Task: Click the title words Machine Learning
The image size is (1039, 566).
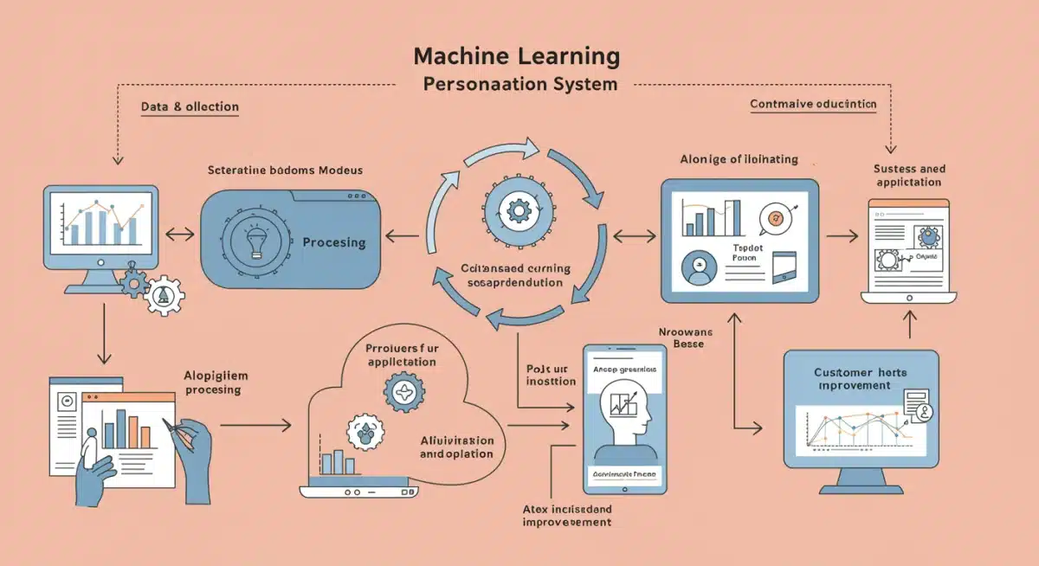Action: click(x=516, y=57)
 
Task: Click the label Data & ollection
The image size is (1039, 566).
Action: click(x=190, y=106)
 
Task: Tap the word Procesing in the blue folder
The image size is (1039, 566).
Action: click(x=333, y=242)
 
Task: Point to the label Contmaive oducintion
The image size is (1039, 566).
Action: click(x=812, y=104)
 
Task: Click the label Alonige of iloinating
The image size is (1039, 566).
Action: click(x=739, y=159)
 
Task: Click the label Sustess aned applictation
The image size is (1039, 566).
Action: click(x=909, y=176)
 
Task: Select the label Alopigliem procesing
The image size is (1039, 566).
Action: click(x=213, y=383)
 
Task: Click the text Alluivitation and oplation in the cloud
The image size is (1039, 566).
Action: click(x=456, y=447)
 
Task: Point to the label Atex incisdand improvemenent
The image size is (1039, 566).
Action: click(x=568, y=515)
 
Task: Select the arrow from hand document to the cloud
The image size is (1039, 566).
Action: click(x=255, y=425)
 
